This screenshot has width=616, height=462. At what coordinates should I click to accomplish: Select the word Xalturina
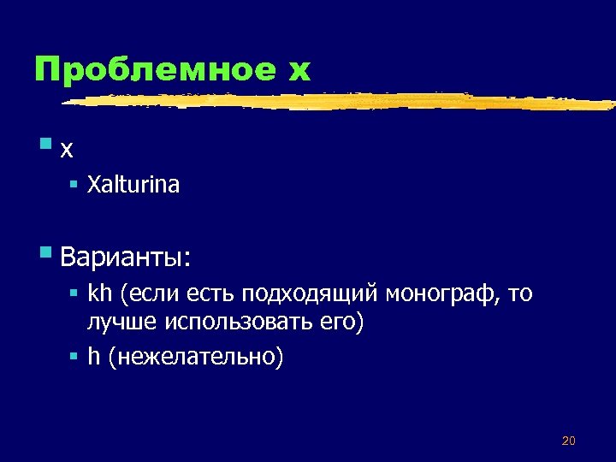pos(133,185)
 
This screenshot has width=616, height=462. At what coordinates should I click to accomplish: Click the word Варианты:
pos(127,256)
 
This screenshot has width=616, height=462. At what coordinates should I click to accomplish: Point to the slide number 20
pos(569,441)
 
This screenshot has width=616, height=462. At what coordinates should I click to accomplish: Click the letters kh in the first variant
pos(101,294)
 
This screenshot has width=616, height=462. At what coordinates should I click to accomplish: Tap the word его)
pos(339,323)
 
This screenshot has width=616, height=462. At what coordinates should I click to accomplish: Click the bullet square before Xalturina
pos(75,183)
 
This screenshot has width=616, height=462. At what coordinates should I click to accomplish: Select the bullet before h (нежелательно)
pos(75,353)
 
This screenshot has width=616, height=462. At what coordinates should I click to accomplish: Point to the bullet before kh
pos(75,293)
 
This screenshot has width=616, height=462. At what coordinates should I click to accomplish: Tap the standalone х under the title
pos(67,149)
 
